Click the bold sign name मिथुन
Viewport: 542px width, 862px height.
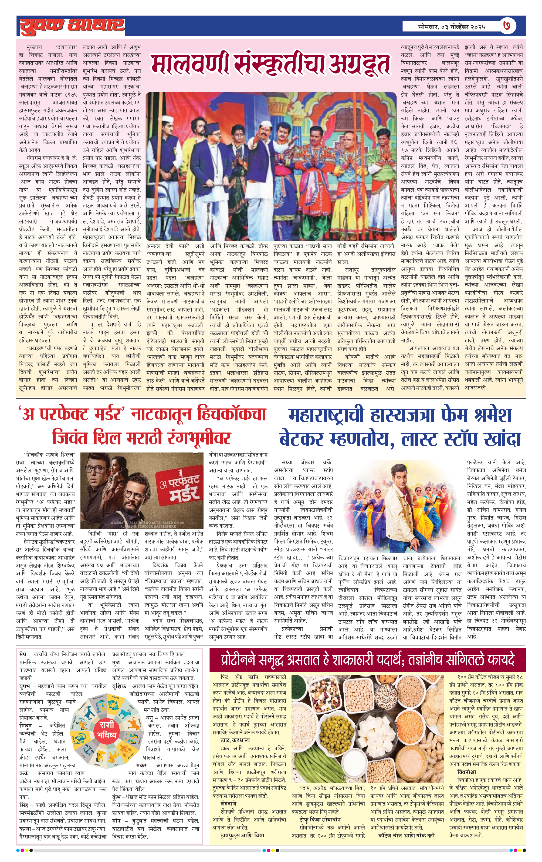(26, 725)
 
